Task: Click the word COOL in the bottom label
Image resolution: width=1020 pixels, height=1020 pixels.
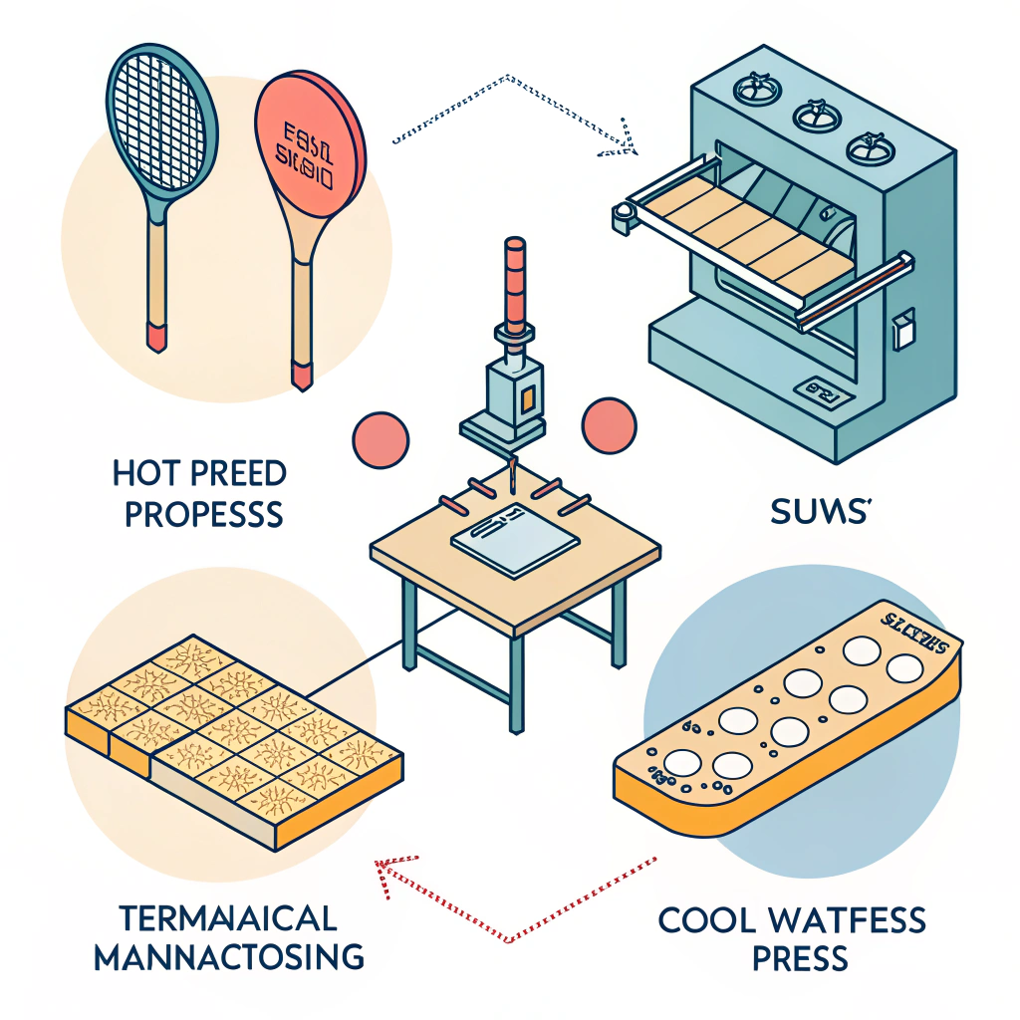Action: coord(710,919)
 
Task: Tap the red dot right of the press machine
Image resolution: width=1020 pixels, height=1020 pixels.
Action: coord(610,424)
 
